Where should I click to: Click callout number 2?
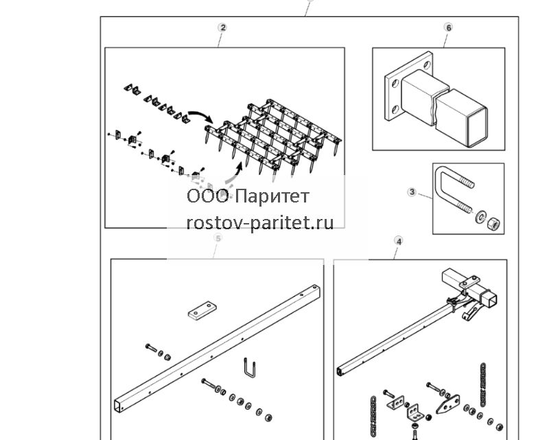[223, 27]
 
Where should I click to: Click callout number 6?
[448, 27]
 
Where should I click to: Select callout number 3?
[412, 192]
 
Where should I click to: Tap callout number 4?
[399, 241]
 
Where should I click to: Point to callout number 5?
[218, 238]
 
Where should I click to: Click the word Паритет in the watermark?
[272, 196]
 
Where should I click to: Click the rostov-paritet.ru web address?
[260, 223]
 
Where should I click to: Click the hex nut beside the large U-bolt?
[493, 224]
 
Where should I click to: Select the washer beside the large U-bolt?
[481, 217]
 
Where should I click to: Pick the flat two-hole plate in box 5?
[202, 310]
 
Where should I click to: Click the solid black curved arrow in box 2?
[201, 115]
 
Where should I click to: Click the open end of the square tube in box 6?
[477, 127]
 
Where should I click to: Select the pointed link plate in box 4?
[447, 404]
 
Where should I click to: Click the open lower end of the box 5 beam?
[118, 406]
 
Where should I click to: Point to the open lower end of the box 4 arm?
[340, 371]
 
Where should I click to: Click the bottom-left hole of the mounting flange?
[395, 110]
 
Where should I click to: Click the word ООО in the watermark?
[207, 196]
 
